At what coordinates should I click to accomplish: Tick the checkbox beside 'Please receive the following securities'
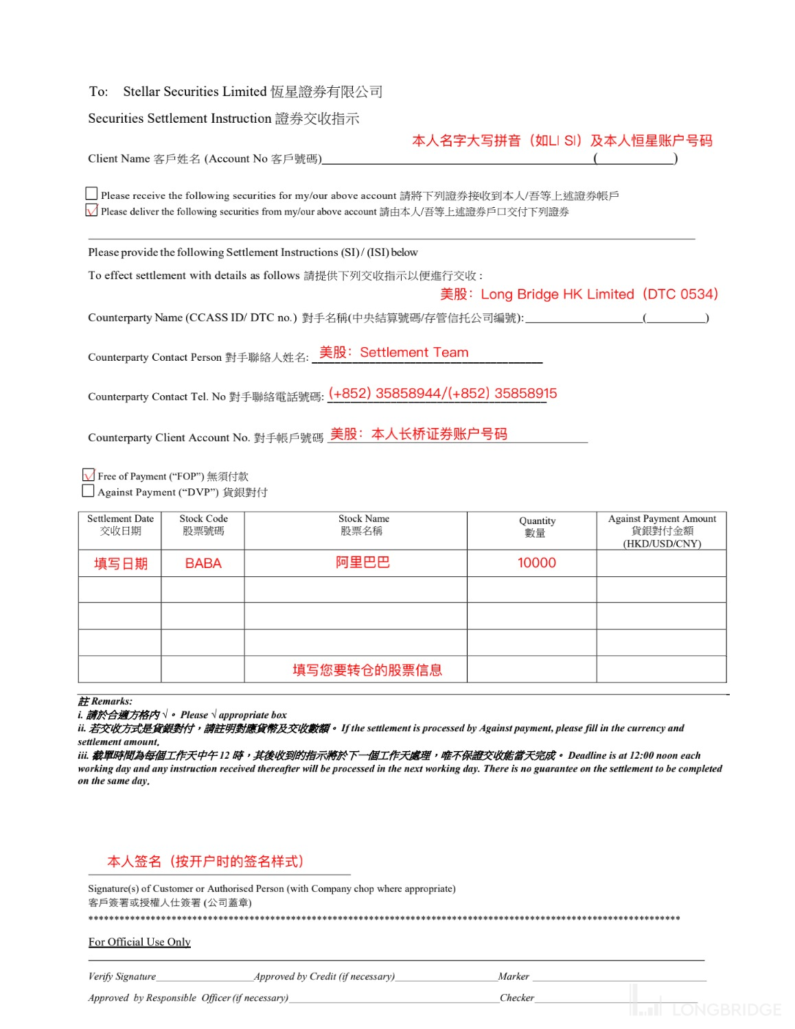click(91, 194)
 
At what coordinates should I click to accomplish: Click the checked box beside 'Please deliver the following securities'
click(91, 211)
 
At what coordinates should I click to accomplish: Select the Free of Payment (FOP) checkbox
click(89, 475)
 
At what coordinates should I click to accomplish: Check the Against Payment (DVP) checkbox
click(88, 491)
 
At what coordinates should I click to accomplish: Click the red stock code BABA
click(203, 563)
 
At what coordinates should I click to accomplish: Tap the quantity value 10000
click(537, 563)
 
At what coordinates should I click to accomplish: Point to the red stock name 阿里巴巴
click(362, 563)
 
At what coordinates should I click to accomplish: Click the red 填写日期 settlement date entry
click(121, 564)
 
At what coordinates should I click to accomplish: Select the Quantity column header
click(537, 527)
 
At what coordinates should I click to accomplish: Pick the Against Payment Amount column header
click(662, 530)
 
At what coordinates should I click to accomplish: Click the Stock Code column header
click(203, 525)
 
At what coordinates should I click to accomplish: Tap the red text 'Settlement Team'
click(414, 353)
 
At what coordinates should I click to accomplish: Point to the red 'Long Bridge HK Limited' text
click(557, 294)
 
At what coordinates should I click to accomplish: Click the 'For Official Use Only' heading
click(139, 942)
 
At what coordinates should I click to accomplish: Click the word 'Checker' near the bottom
click(517, 997)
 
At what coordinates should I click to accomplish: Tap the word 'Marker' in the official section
click(514, 976)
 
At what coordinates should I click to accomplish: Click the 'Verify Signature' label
click(122, 976)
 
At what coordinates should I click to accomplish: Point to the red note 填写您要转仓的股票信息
click(367, 670)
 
